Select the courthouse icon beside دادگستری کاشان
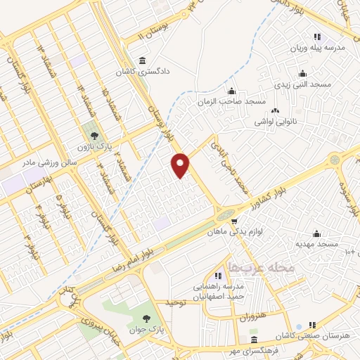[x=143, y=60]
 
